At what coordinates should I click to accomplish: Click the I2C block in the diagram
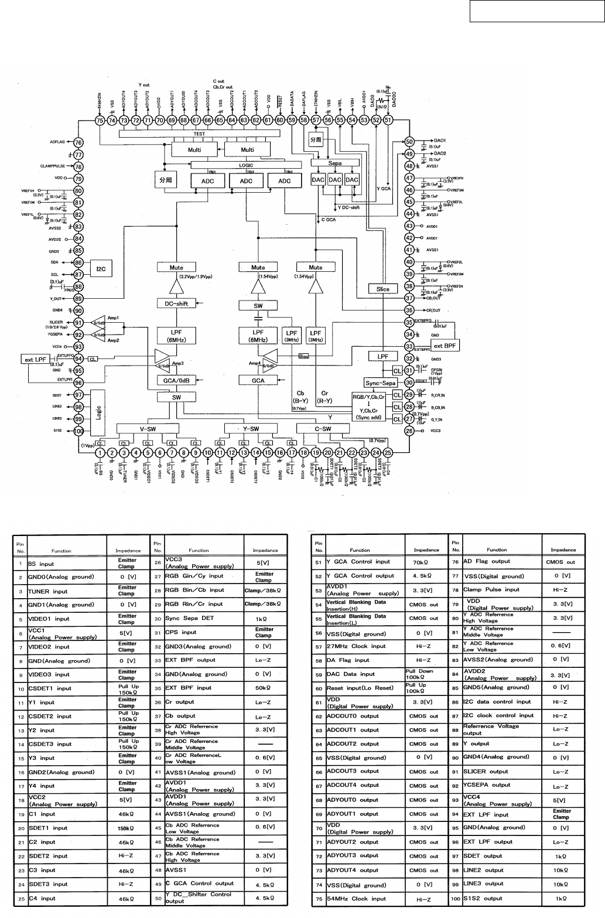[x=101, y=269]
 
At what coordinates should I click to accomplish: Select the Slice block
[x=382, y=289]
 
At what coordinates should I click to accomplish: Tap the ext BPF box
[x=445, y=346]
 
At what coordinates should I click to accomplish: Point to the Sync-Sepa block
[x=381, y=383]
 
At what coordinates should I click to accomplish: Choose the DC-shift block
[x=176, y=303]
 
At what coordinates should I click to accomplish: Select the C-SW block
[x=323, y=428]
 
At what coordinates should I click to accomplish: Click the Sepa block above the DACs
[x=334, y=163]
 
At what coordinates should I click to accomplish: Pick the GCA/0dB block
[x=176, y=380]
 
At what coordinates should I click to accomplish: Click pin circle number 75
[x=100, y=120]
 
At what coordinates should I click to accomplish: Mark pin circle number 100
[x=78, y=431]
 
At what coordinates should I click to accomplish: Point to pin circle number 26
[x=409, y=431]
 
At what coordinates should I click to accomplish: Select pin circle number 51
[x=388, y=120]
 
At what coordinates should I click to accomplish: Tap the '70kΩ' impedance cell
[x=426, y=562]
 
